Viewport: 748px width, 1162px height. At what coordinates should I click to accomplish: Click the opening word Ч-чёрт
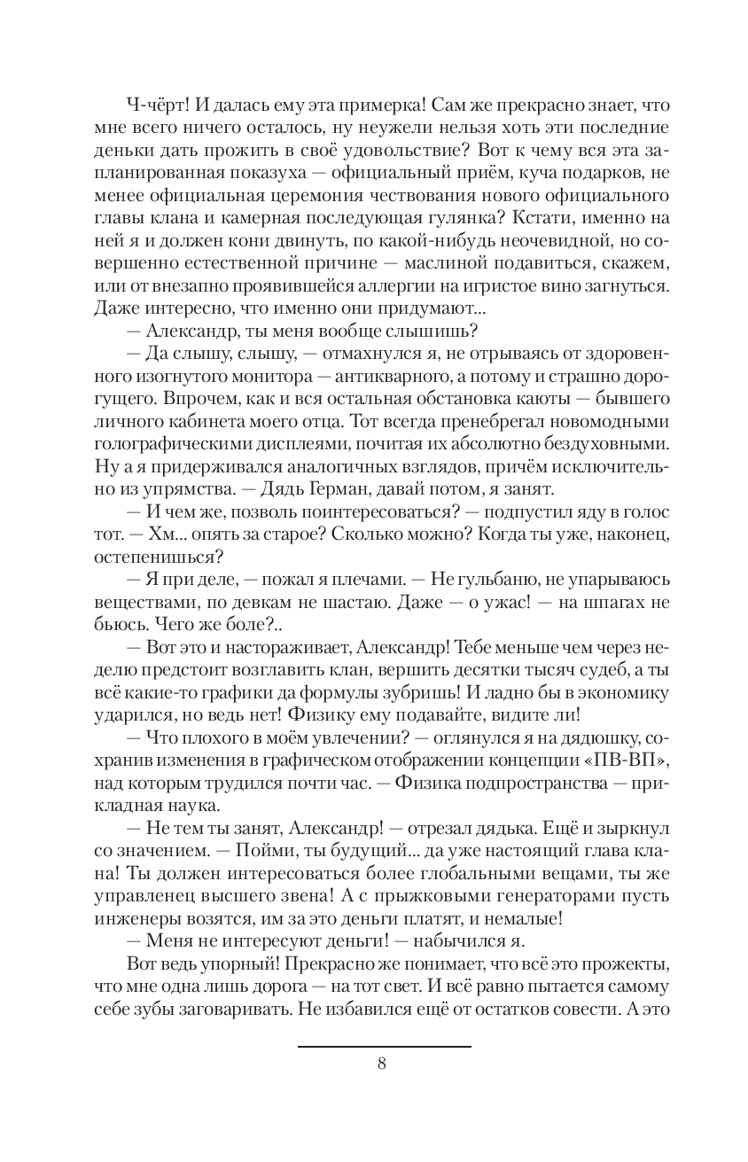[157, 104]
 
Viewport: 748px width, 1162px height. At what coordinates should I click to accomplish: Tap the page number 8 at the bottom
[382, 1065]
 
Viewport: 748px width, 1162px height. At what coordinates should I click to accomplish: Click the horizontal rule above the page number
[384, 1047]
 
